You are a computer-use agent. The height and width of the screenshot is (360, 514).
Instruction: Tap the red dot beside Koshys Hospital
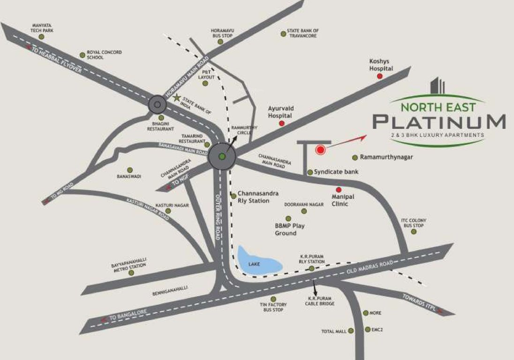[x=380, y=76]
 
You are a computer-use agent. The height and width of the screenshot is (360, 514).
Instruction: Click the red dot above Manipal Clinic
[x=339, y=189]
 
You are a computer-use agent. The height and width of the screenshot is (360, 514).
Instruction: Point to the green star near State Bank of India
[x=177, y=98]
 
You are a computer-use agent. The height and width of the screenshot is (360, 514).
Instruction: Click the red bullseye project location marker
[x=320, y=150]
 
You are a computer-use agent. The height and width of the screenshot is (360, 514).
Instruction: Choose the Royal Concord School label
[x=104, y=55]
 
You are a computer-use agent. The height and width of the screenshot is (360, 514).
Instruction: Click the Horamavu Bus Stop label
[x=222, y=33]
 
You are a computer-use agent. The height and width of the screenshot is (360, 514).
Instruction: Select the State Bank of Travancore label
[x=302, y=33]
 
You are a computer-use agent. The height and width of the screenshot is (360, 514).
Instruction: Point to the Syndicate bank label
[x=337, y=172]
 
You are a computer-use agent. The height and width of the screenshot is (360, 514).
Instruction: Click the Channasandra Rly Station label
[x=254, y=197]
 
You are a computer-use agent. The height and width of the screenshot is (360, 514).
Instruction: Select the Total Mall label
[x=333, y=331]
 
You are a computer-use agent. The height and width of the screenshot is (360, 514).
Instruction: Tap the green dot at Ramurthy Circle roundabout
[x=222, y=157]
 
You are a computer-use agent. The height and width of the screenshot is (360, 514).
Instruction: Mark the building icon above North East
[x=438, y=86]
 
